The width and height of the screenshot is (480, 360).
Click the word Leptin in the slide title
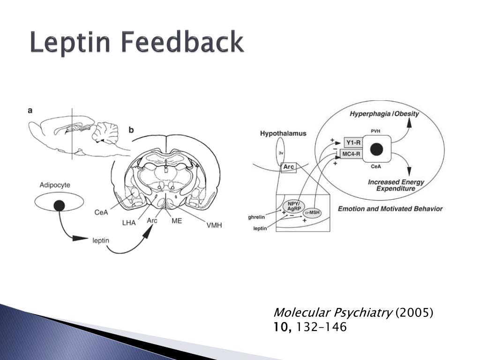pos(71,43)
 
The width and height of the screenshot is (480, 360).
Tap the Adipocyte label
pos(55,185)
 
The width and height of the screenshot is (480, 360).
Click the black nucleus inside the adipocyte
pos(59,205)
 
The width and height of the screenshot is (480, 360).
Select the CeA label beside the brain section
pos(101,212)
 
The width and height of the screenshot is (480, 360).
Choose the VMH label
pos(214,225)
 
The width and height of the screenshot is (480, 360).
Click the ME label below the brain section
pos(176,220)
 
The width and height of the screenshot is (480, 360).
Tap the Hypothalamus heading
pos(283,134)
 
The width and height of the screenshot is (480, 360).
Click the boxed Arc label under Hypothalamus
pos(288,167)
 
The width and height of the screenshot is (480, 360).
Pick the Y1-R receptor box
pos(353,142)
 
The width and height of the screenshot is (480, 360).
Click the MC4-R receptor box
pos(352,153)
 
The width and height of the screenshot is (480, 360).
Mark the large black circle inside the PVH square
pos(376,150)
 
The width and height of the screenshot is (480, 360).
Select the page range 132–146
pos(321,327)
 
